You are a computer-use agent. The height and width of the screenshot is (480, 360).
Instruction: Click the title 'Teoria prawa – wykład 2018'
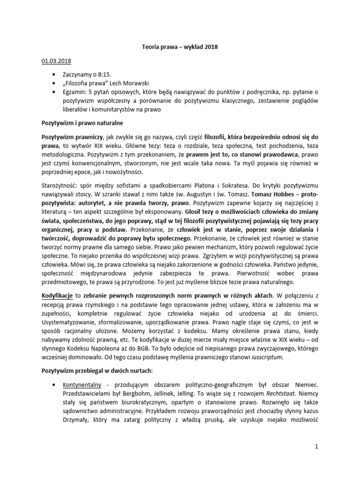tap(180, 47)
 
